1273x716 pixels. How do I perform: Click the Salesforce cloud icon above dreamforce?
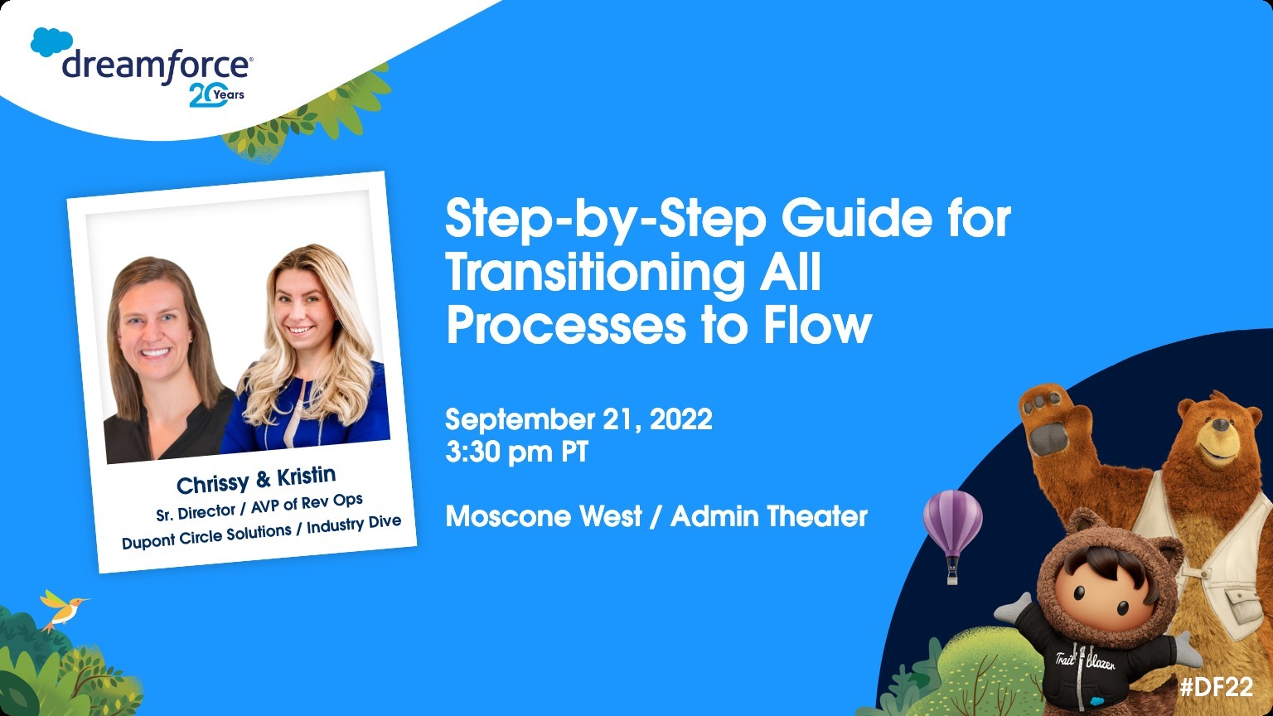pyautogui.click(x=51, y=42)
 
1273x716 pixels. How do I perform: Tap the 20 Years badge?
pyautogui.click(x=216, y=95)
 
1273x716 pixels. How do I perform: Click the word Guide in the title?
pyautogui.click(x=856, y=219)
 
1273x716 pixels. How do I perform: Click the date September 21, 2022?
pyautogui.click(x=578, y=420)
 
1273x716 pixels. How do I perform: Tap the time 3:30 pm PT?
pyautogui.click(x=516, y=452)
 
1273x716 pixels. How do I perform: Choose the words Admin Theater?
pyautogui.click(x=769, y=516)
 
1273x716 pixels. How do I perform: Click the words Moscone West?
pyautogui.click(x=544, y=516)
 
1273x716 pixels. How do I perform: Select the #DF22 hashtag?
pyautogui.click(x=1217, y=687)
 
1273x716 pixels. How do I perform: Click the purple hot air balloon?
pyautogui.click(x=952, y=535)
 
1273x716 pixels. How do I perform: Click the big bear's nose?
pyautogui.click(x=1221, y=424)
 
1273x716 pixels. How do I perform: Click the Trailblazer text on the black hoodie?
pyautogui.click(x=1085, y=662)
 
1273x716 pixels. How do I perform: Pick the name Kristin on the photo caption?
pyautogui.click(x=307, y=476)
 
